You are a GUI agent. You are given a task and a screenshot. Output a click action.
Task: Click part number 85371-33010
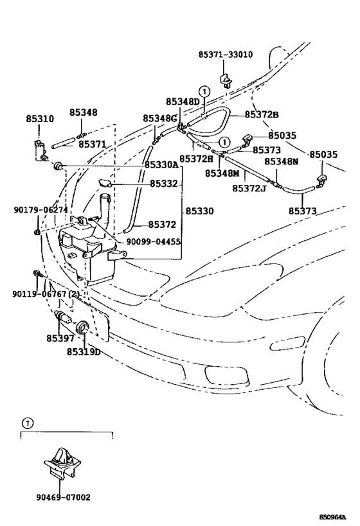[226, 55]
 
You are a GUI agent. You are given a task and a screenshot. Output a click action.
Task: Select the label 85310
[40, 119]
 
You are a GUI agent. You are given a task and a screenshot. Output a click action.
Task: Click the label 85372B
[262, 115]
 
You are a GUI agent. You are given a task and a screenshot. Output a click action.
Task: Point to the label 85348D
[183, 101]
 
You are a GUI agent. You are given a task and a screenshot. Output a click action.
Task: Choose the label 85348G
[159, 118]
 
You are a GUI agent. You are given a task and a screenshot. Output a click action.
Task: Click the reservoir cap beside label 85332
[105, 183]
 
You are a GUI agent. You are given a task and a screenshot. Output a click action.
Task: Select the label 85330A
[161, 165]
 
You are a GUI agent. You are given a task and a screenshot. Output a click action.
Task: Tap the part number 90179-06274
[40, 210]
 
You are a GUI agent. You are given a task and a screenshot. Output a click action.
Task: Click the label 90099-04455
[154, 242]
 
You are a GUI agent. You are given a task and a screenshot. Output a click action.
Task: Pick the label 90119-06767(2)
[46, 294]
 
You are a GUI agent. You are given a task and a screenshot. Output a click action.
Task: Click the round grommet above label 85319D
[83, 327]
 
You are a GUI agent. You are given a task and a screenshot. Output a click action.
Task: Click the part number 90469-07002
[64, 497]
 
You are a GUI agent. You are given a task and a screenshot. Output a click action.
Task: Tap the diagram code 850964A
[332, 517]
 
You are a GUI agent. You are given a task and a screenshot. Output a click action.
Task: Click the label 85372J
[249, 189]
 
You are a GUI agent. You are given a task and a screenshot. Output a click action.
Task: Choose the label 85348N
[282, 162]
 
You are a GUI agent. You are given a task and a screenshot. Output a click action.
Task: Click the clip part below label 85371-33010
[226, 80]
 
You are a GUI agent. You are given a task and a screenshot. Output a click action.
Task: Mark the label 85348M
[222, 173]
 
